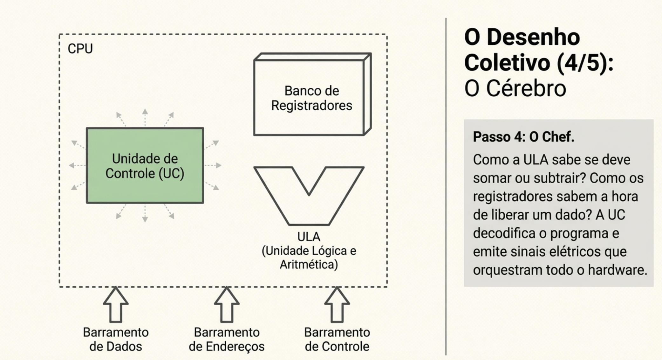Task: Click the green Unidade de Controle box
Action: click(x=145, y=165)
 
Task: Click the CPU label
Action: click(x=80, y=49)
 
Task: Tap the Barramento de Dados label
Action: click(x=116, y=339)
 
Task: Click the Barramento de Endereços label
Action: click(x=227, y=339)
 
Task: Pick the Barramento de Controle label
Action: click(x=337, y=339)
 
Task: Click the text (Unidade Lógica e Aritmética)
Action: click(x=309, y=258)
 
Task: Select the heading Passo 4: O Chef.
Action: click(x=523, y=137)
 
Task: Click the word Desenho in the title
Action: click(x=533, y=37)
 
